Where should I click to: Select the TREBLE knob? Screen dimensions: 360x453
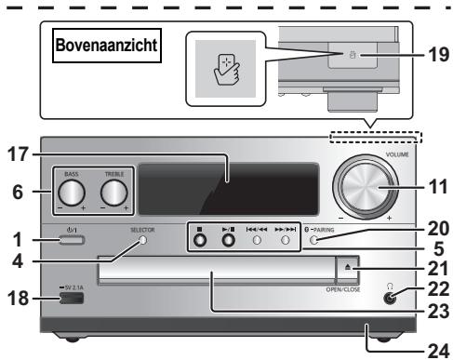tap(114, 192)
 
